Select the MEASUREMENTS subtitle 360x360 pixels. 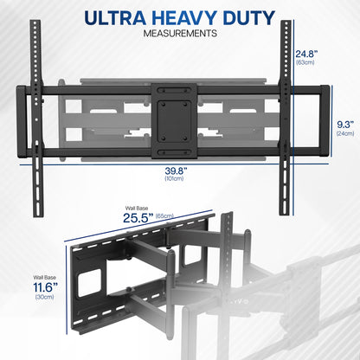click(180, 35)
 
